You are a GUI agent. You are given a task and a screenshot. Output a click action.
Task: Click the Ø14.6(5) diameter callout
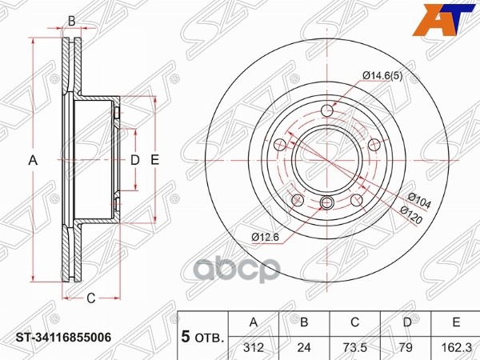coord(382,76)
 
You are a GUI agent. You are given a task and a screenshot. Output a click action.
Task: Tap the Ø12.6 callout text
coord(265,237)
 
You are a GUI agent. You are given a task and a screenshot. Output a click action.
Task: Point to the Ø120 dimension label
coord(411,214)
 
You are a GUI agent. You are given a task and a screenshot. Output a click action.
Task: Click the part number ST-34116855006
coord(63,338)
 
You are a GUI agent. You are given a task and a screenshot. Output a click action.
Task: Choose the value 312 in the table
coord(254,347)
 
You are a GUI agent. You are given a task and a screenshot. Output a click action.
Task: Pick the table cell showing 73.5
coord(354,347)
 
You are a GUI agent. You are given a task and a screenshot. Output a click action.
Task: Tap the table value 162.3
coord(456,347)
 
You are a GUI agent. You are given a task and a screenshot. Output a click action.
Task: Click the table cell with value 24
coord(304,347)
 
